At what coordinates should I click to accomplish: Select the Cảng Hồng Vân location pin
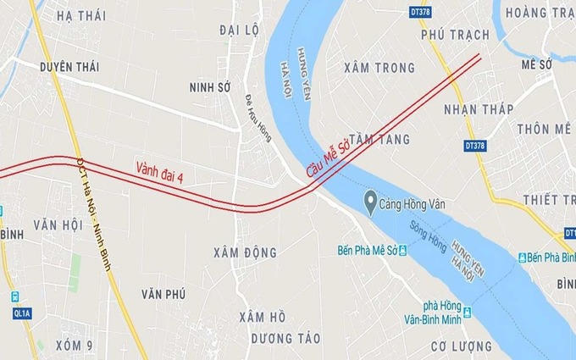370,201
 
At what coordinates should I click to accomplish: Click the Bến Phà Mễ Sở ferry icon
402,250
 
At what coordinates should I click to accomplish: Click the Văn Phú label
163,293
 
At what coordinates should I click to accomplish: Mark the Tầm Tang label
379,138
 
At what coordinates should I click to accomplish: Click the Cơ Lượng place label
462,346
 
